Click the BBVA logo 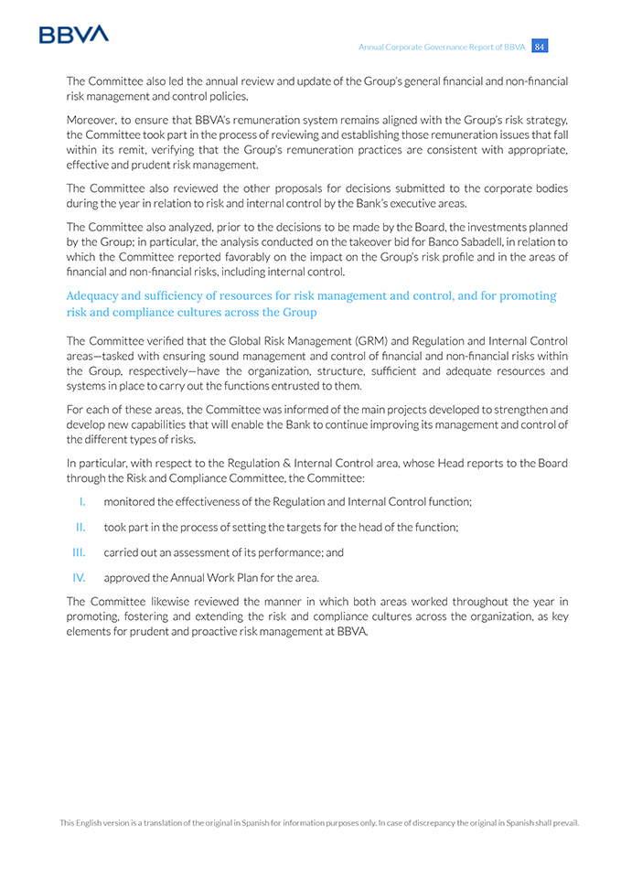[x=73, y=34]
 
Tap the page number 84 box [x=540, y=47]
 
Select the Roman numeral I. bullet [x=82, y=501]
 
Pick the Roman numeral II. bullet [x=80, y=527]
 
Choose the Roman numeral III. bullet [x=79, y=552]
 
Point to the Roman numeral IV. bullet [x=79, y=577]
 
